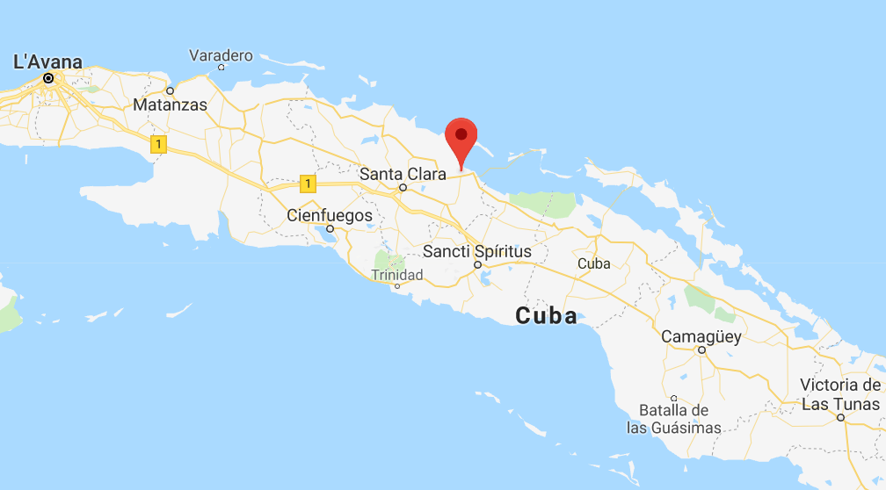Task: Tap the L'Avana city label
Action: click(x=47, y=61)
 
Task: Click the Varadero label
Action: click(x=221, y=55)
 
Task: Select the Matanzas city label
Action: click(x=170, y=105)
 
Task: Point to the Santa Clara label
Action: click(x=403, y=173)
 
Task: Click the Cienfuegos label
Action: click(x=330, y=215)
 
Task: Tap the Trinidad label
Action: click(x=396, y=275)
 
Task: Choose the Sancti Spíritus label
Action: click(x=477, y=251)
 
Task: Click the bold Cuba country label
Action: click(x=546, y=315)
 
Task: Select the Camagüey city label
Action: click(x=701, y=336)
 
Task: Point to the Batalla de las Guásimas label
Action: click(x=673, y=419)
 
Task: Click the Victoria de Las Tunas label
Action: click(x=840, y=394)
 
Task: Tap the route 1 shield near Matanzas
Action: click(x=158, y=145)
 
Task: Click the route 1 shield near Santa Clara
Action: click(x=307, y=184)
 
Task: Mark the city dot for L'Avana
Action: click(x=48, y=78)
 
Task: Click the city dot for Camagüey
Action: click(x=701, y=349)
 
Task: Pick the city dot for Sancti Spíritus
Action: click(x=477, y=264)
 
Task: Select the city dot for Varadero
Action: click(x=221, y=67)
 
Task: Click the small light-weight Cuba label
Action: click(x=593, y=263)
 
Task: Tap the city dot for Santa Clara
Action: click(x=403, y=187)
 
